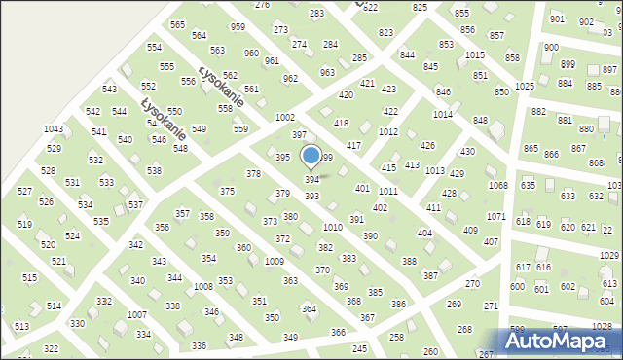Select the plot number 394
pos(312,180)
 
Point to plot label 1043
pos(54,129)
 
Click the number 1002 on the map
pos(285,118)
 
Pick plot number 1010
pos(333,227)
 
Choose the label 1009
pos(274,262)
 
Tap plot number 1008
pos(202,287)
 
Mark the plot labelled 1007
pos(137,315)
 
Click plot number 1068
pos(497,185)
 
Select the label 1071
pos(495,216)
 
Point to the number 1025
pos(525,87)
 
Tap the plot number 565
pos(177,24)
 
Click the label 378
pos(253,174)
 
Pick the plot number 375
pos(227,192)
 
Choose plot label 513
pos(21,328)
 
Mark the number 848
pos(480,120)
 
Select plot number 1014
pos(443,115)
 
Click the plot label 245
pos(359,348)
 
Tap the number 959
pos(238,27)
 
